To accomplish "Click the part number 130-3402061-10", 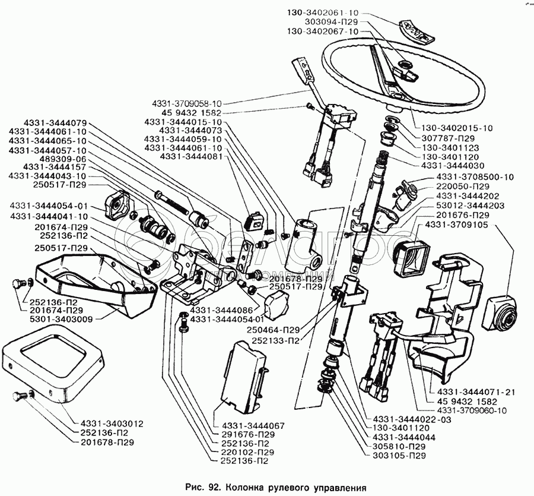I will (x=325, y=12).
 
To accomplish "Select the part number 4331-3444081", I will (x=183, y=156).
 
